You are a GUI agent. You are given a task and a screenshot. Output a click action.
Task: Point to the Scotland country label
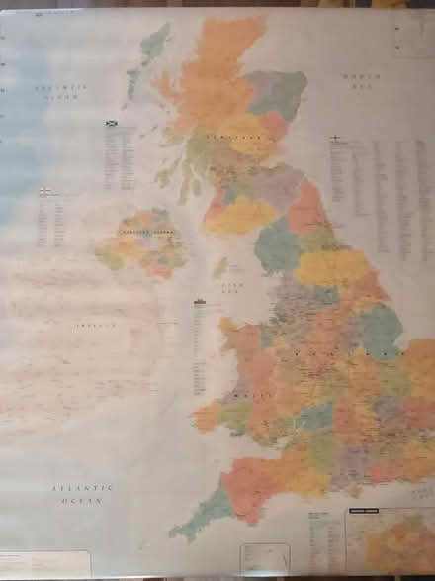(224, 136)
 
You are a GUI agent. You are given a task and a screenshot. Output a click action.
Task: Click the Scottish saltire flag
(112, 124)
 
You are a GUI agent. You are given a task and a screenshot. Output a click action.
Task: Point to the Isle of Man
(220, 267)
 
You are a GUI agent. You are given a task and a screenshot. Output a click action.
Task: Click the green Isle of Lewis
(153, 45)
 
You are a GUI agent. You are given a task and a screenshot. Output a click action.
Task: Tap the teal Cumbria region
(277, 244)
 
